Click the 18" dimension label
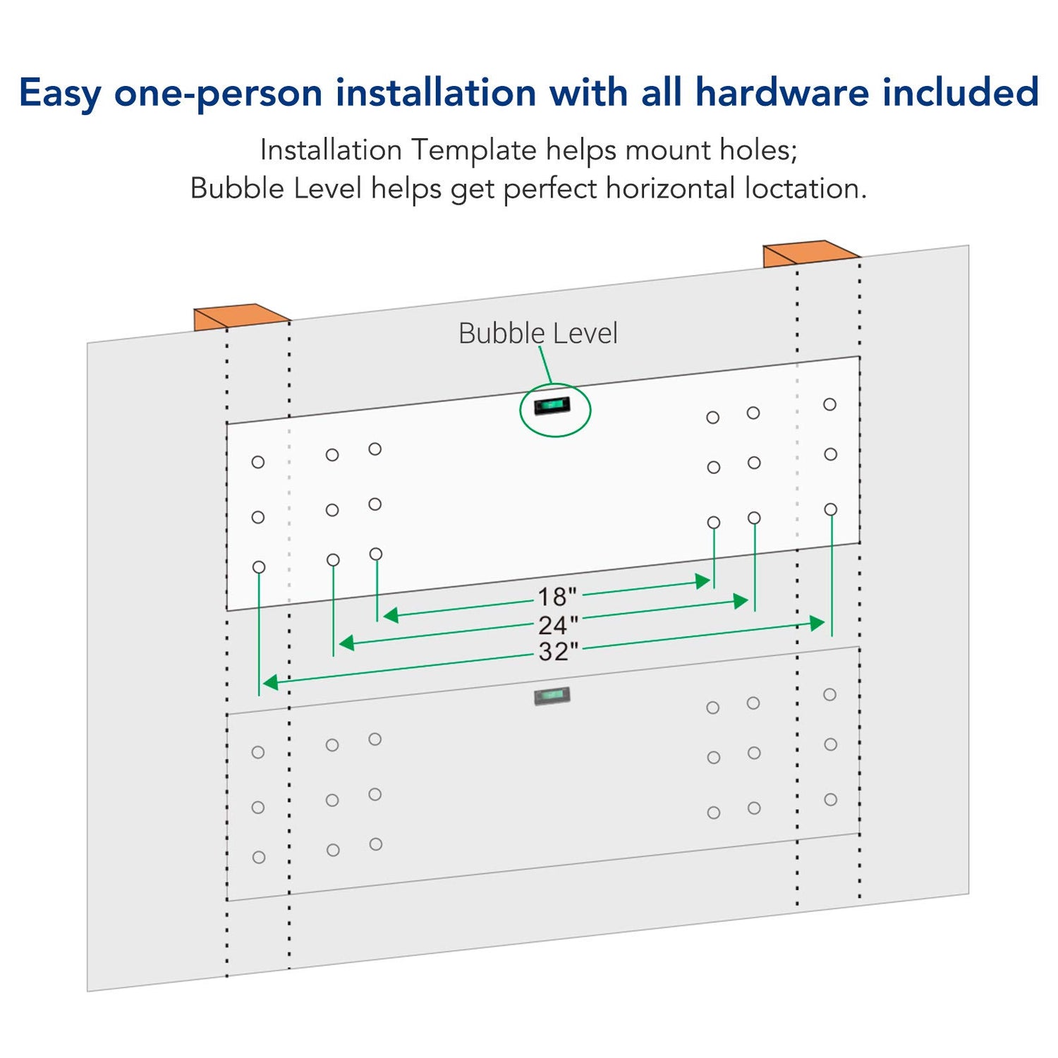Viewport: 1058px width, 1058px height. click(x=557, y=597)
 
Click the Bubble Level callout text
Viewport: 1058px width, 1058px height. click(x=538, y=334)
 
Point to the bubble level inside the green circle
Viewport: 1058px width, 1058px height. click(x=552, y=406)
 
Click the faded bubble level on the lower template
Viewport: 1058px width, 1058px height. click(x=552, y=696)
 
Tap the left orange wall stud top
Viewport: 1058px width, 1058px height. click(x=242, y=317)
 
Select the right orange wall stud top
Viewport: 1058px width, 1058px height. click(x=812, y=253)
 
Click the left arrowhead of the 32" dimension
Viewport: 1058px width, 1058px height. click(x=270, y=682)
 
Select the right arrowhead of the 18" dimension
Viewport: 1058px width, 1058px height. click(x=702, y=581)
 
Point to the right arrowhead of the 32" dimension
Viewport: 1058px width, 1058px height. click(x=817, y=623)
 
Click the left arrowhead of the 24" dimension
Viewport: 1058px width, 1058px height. click(x=347, y=643)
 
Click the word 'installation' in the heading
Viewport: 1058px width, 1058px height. click(x=436, y=92)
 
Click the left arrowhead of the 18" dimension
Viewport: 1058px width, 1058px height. click(x=391, y=615)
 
